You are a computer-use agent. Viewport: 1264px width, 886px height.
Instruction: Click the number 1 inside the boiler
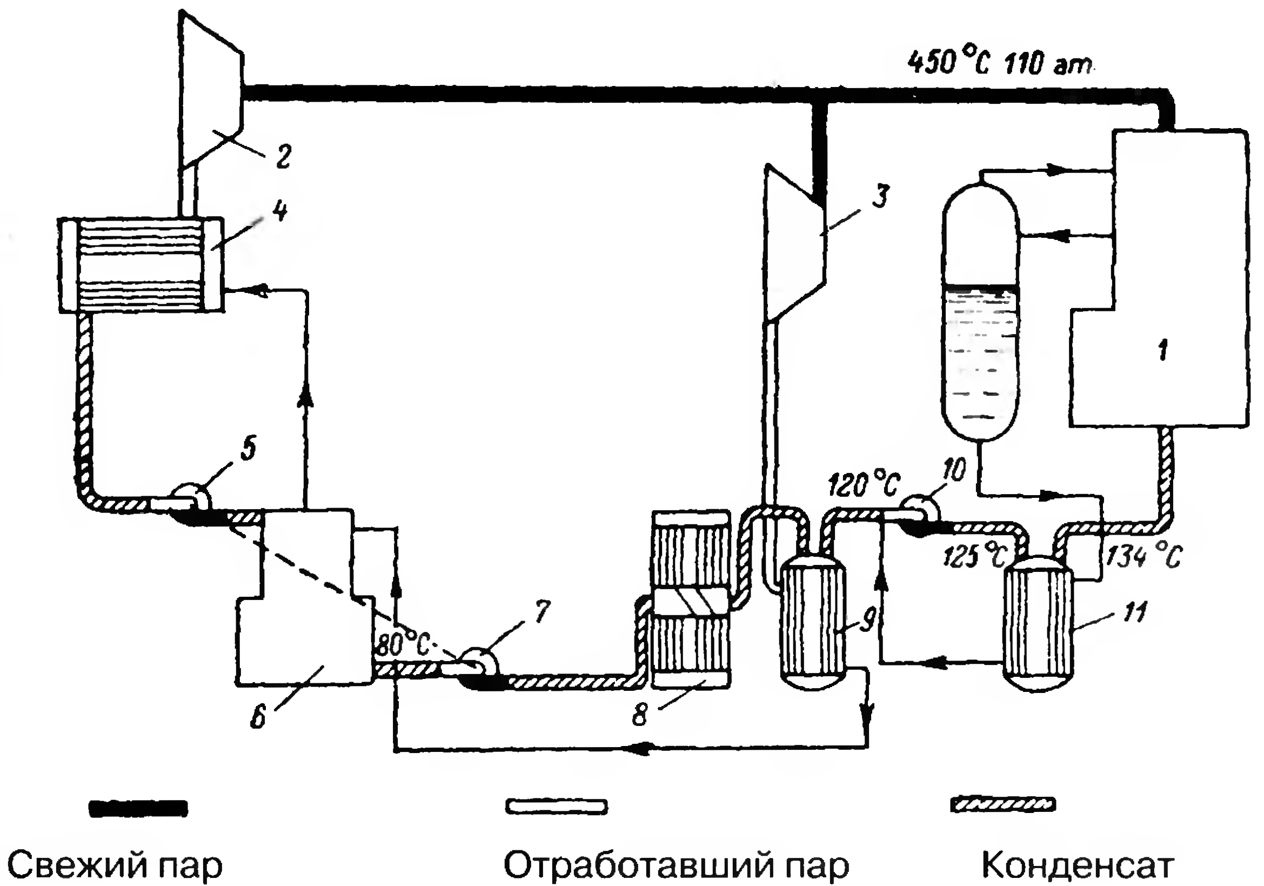(1162, 349)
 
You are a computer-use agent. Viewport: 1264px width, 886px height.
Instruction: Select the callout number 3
(881, 196)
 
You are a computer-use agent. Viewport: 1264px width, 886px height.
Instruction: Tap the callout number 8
(639, 715)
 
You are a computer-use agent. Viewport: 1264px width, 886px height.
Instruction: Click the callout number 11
(1135, 611)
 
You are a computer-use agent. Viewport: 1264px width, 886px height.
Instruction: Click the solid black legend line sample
(138, 808)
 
